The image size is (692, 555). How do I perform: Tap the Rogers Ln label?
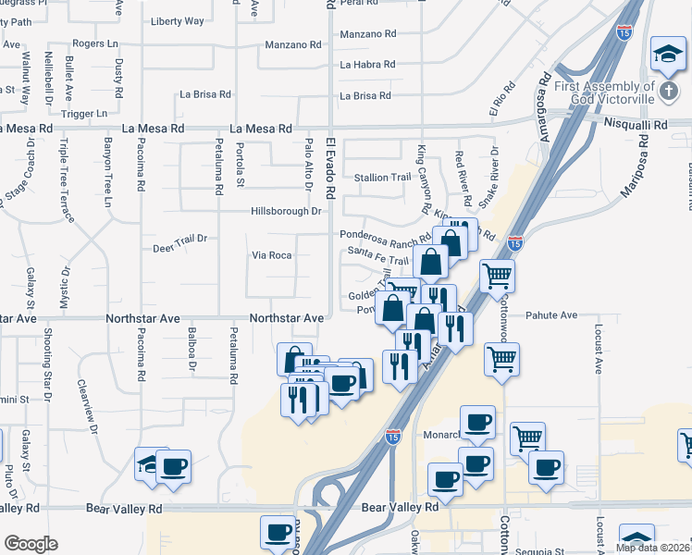(96, 43)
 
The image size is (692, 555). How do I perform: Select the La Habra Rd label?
(367, 65)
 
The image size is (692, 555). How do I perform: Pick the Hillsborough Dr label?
(286, 211)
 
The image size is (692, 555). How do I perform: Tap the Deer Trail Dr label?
(179, 249)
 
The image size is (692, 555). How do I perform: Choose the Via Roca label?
(272, 255)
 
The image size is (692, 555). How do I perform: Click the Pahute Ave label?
(551, 315)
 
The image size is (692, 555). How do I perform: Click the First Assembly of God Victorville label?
(605, 92)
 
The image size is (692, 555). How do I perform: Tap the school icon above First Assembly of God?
(666, 53)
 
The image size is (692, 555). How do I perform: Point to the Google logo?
(31, 544)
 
